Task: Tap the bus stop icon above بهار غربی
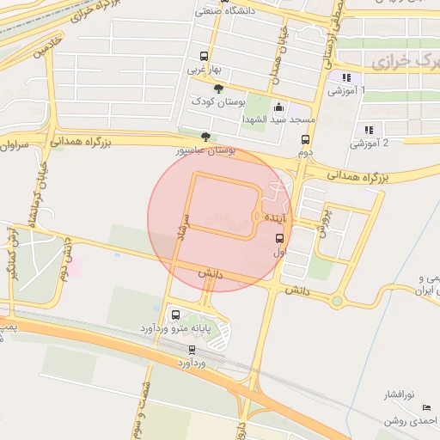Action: pos(203,52)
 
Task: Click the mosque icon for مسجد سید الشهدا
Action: pos(278,108)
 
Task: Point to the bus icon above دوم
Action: pos(305,139)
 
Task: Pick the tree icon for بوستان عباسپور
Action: pos(205,137)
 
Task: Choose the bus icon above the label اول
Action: pos(280,239)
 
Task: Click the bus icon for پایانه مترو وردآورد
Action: pos(176,315)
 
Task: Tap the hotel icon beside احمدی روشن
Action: pos(426,407)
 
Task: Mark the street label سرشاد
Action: pos(180,228)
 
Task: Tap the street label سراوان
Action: pos(16,145)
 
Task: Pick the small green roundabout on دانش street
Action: pos(337,301)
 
